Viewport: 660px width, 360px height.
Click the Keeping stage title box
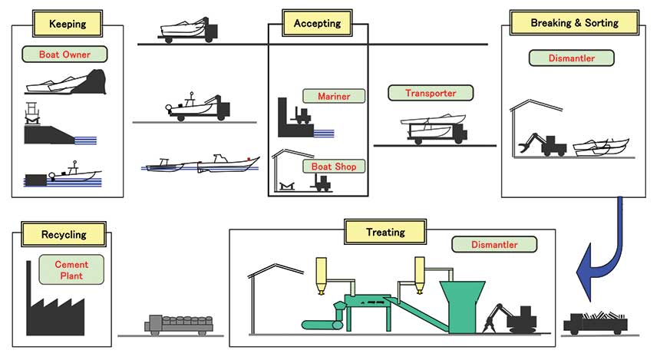[x=68, y=24]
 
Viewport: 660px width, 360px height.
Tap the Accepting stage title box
[x=318, y=23]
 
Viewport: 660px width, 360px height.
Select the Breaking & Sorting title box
[x=575, y=23]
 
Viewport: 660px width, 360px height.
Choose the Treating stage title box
[x=385, y=232]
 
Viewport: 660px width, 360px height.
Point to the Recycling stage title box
[x=64, y=235]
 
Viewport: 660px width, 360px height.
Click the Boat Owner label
[x=64, y=54]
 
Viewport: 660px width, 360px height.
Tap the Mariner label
[x=334, y=97]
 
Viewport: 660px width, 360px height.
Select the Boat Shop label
[x=334, y=167]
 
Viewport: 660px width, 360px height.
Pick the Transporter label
[x=431, y=93]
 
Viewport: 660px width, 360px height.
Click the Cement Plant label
[x=71, y=270]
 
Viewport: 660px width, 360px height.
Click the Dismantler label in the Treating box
[x=494, y=245]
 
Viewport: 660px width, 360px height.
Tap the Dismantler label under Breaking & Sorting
[x=571, y=58]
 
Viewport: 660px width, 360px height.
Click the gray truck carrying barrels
[x=179, y=325]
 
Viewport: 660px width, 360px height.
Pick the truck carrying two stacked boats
[x=434, y=129]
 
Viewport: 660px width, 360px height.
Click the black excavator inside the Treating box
[x=510, y=319]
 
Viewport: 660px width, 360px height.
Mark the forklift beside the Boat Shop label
[x=322, y=183]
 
